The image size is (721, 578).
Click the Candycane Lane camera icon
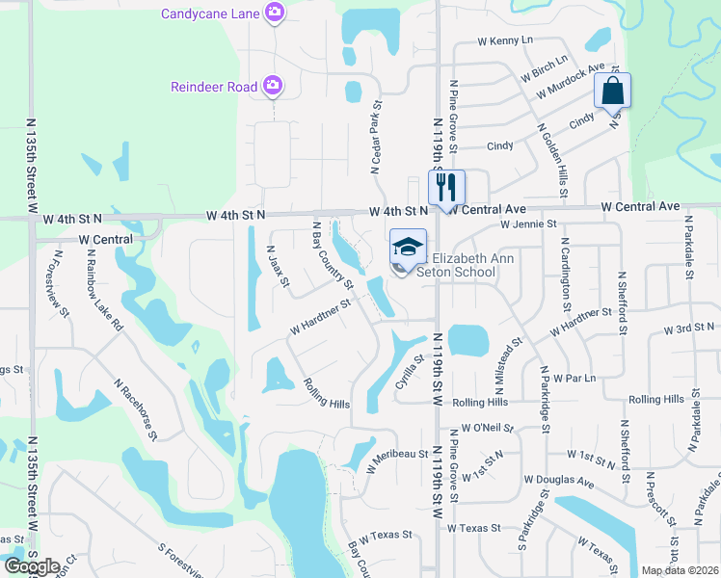coord(276,12)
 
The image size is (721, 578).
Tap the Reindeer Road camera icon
coord(273,87)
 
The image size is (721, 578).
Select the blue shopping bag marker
coord(612,92)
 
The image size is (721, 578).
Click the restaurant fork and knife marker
coord(445,185)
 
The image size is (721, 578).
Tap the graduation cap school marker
coord(408,248)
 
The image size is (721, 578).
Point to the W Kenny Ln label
coord(505,41)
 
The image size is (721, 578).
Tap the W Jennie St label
coord(528,223)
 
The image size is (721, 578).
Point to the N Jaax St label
coord(278,266)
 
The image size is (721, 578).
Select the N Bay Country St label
coord(330,253)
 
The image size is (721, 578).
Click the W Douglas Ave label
coord(559,479)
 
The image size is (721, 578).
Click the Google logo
coord(32,566)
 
